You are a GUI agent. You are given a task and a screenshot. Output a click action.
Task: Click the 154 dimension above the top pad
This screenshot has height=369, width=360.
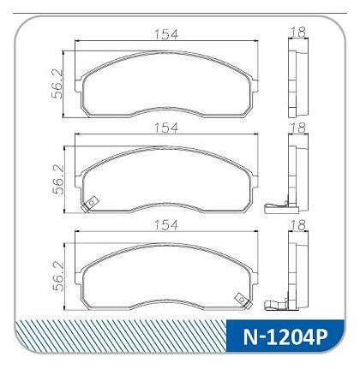click(x=166, y=34)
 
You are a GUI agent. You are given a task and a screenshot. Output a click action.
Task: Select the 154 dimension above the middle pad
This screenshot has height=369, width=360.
click(x=166, y=128)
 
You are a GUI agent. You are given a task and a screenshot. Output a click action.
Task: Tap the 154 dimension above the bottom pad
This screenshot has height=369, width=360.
click(x=166, y=225)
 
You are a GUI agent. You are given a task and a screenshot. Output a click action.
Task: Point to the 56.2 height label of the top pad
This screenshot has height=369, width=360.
click(x=57, y=84)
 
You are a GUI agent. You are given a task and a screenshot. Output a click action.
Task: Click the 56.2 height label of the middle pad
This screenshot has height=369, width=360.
click(x=58, y=180)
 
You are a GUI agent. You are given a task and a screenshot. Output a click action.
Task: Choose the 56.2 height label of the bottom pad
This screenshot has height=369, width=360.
click(x=58, y=276)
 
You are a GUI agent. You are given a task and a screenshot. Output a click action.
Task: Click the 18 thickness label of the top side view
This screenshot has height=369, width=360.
click(x=298, y=33)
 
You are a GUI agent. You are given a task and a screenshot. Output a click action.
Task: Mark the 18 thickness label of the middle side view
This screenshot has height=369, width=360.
click(x=298, y=128)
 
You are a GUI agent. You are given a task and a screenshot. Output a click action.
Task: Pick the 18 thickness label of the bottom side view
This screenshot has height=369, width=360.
click(x=298, y=225)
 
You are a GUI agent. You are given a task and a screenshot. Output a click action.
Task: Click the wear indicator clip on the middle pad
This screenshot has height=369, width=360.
click(x=90, y=205)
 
